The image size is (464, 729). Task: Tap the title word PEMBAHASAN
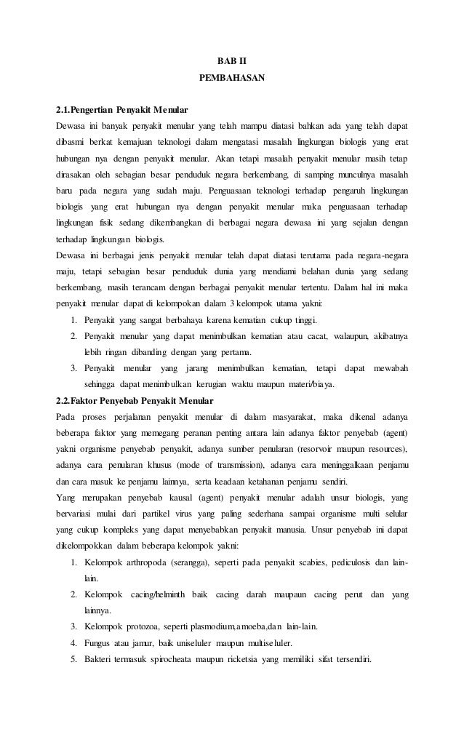pos(231,76)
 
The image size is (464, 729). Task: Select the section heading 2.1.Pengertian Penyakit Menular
pos(122,111)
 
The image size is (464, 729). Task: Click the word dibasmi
pos(72,141)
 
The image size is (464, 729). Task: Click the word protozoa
pos(145,628)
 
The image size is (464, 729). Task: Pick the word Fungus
pos(99,644)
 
